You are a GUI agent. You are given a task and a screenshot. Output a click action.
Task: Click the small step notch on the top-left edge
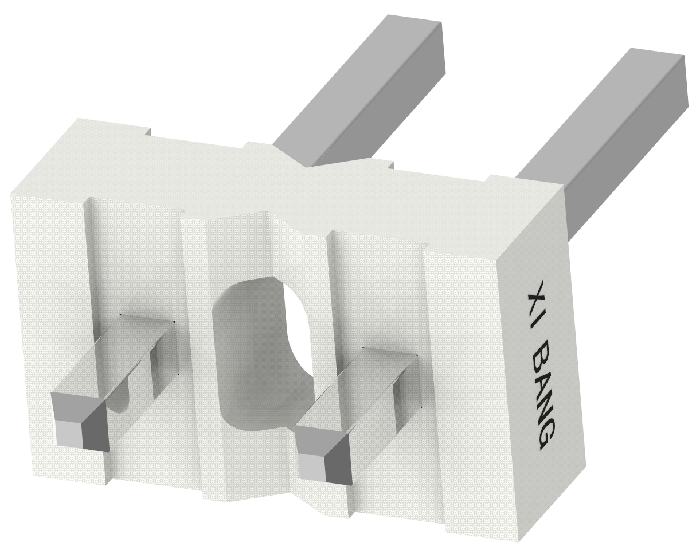coord(148,133)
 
